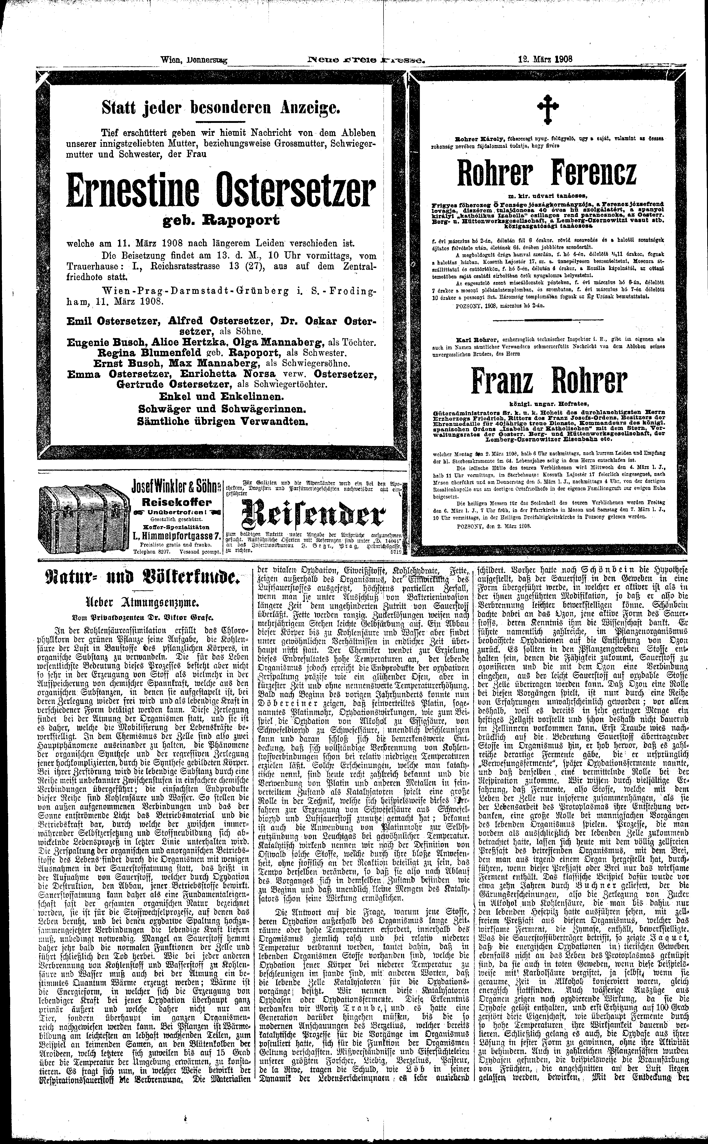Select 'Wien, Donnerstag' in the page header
193,60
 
